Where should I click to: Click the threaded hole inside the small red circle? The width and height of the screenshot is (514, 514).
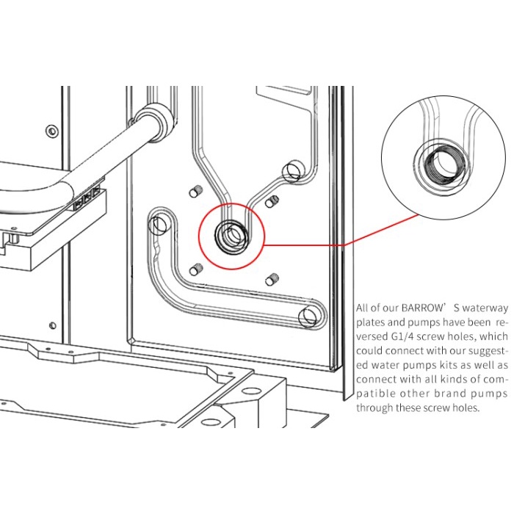228,236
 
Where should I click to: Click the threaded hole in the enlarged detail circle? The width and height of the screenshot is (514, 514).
441,163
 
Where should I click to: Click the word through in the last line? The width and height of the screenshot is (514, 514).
374,408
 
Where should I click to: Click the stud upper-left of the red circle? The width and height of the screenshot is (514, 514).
196,192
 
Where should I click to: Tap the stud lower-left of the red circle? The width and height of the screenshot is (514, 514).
197,269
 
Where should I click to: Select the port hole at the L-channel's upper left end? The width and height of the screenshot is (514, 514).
159,223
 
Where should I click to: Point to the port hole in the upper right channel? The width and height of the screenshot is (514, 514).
292,170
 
